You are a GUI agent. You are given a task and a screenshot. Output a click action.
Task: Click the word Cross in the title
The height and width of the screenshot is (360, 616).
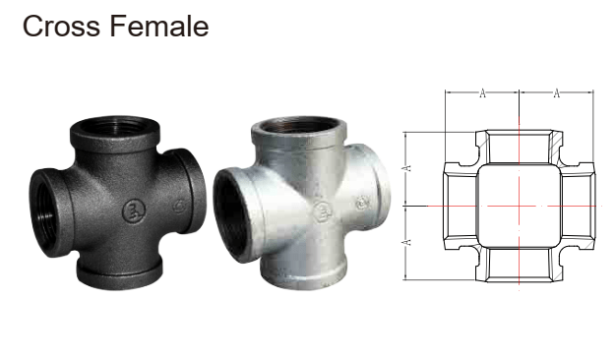click(x=61, y=27)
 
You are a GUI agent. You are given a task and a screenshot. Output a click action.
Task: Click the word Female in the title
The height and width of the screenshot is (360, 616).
click(x=159, y=26)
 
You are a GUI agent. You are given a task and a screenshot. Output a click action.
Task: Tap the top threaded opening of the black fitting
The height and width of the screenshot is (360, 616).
click(x=115, y=126)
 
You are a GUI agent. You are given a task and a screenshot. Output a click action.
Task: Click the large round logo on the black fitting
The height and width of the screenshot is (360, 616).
click(x=134, y=211)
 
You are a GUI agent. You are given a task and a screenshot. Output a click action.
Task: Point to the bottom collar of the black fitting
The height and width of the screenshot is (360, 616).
click(x=119, y=272)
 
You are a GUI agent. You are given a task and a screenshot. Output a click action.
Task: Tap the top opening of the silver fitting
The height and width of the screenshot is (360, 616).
click(x=298, y=127)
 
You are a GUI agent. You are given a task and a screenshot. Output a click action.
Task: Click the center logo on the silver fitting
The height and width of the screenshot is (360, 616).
click(x=323, y=210)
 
